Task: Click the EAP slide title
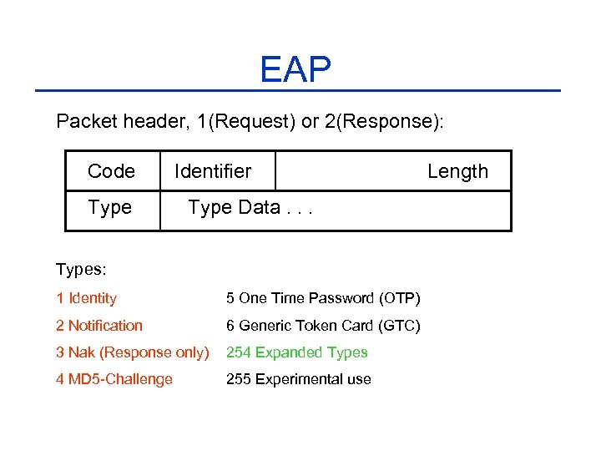295,69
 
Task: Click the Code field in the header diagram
111,171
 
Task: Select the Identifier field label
213,171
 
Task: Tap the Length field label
457,171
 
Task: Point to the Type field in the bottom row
109,208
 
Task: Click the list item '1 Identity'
86,298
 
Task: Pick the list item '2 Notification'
99,326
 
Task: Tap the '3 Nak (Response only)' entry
133,352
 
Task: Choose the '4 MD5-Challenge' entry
114,379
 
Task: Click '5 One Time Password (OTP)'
323,298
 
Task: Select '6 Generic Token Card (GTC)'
323,326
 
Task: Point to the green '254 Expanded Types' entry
296,352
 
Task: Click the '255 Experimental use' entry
298,379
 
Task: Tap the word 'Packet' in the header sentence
87,122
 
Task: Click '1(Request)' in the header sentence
246,122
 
